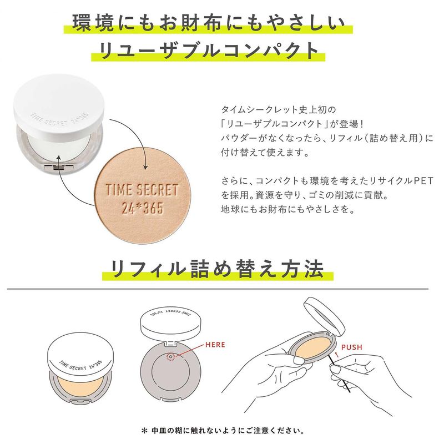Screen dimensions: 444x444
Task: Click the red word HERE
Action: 215,345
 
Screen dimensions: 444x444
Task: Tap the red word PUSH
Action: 352,347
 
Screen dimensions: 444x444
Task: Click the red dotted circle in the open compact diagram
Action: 170,357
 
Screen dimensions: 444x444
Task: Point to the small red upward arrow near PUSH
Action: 337,355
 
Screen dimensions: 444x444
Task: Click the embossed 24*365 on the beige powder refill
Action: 143,208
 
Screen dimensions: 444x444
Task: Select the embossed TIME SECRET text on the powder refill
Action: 142,190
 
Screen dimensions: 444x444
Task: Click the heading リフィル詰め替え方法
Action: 217,269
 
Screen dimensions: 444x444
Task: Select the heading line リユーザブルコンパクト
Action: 209,51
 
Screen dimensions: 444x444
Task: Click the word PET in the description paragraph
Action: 423,181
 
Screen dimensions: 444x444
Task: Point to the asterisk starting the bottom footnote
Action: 144,431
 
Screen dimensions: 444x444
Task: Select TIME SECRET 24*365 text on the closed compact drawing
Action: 80,365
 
